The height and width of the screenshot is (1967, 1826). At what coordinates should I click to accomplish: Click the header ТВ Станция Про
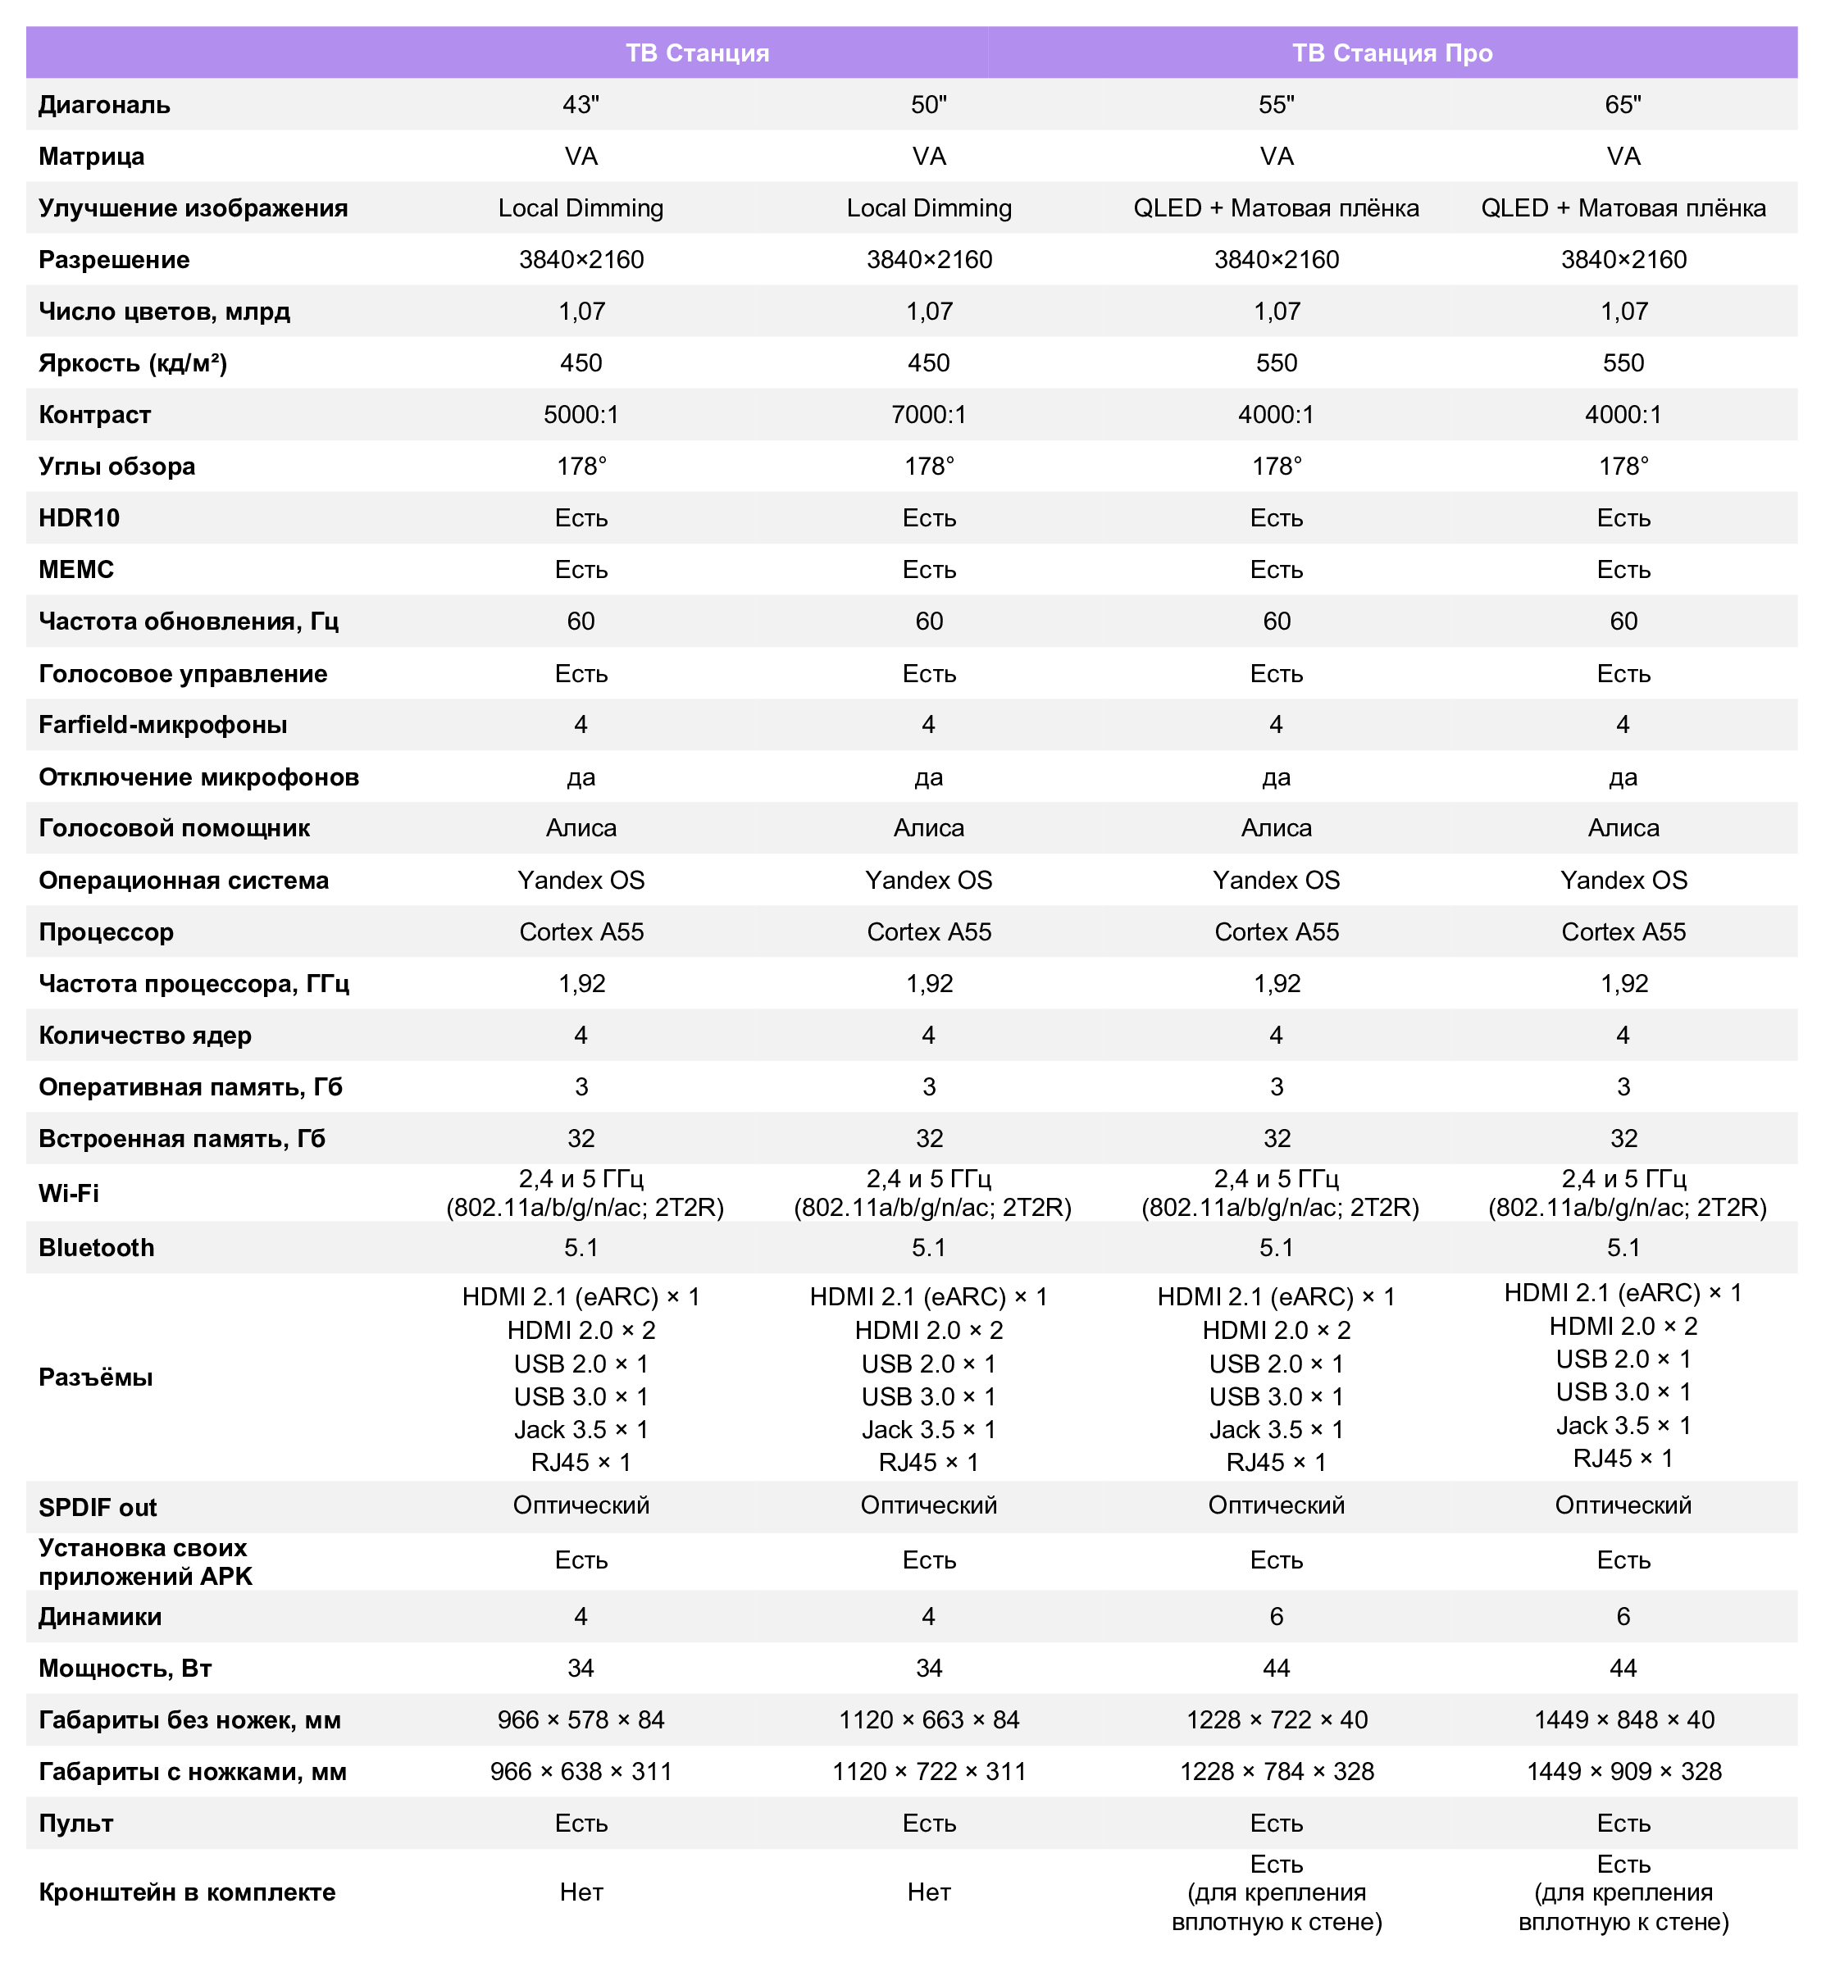[x=1391, y=52]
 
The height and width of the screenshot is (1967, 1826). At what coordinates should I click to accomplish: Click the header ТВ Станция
[x=697, y=52]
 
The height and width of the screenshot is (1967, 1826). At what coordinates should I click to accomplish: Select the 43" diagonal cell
[x=581, y=105]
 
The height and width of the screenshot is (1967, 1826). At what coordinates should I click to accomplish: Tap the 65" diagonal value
[x=1623, y=105]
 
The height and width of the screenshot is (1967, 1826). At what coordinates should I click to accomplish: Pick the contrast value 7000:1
[x=928, y=415]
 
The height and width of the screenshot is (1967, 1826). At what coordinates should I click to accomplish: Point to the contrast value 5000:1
[x=581, y=415]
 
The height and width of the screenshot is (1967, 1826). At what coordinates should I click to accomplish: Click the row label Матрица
[x=91, y=156]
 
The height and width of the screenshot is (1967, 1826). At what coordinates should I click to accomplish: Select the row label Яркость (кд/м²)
[x=132, y=363]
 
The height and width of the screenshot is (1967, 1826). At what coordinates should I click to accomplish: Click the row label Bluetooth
[x=96, y=1248]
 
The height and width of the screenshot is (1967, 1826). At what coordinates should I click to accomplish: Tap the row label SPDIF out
[x=97, y=1508]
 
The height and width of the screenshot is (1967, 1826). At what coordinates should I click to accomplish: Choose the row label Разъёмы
[x=95, y=1377]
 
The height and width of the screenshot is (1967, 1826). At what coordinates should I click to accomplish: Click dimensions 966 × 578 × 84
[x=581, y=1720]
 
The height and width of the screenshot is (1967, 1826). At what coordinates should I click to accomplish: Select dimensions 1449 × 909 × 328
[x=1623, y=1771]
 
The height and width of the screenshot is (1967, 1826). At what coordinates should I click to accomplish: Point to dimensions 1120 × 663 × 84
[x=928, y=1720]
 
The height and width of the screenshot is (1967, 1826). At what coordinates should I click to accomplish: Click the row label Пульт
[x=75, y=1823]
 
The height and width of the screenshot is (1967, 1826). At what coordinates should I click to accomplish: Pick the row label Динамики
[x=100, y=1616]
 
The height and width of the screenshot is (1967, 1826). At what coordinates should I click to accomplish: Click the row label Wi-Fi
[x=68, y=1194]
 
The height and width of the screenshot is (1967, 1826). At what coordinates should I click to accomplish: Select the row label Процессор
[x=106, y=931]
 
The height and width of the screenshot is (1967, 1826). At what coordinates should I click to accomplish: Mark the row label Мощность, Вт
[x=125, y=1669]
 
